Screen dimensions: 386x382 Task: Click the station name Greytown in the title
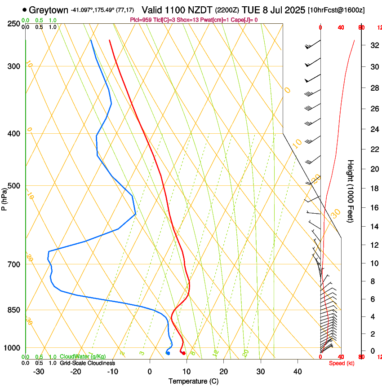point(49,10)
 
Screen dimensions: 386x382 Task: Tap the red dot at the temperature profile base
point(184,353)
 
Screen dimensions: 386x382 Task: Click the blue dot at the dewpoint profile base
point(168,353)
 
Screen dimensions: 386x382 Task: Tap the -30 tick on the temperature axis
point(39,371)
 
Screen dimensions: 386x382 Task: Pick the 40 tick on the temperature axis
point(298,371)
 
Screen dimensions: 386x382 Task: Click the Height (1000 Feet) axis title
point(351,191)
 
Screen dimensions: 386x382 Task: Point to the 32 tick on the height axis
point(373,45)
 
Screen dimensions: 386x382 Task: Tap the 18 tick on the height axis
point(373,189)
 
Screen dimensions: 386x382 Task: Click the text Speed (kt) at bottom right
point(342,363)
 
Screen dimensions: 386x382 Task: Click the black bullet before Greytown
point(24,9)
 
